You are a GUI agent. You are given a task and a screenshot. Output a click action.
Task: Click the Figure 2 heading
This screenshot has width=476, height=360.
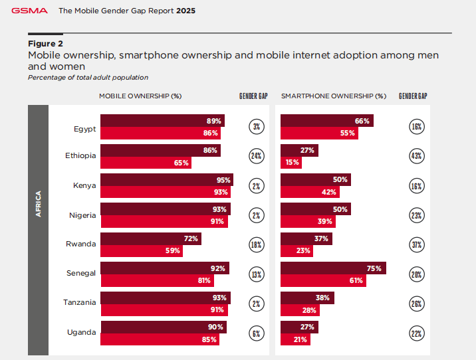coord(45,43)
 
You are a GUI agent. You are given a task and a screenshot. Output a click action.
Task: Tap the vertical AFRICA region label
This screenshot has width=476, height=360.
coord(38,204)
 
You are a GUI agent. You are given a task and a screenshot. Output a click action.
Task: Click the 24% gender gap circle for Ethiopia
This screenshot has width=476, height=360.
coord(256,157)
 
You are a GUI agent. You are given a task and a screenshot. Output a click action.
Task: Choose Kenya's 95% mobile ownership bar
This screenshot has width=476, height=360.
coord(166,180)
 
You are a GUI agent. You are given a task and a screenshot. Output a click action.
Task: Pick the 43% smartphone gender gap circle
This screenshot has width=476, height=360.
coord(416,157)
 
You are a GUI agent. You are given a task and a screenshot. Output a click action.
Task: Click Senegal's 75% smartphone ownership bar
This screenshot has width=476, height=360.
coord(333,268)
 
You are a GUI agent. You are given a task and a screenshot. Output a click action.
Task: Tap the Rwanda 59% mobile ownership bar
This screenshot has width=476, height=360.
coord(141,251)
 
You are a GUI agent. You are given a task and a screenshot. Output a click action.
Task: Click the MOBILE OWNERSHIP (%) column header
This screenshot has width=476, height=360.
coord(140,96)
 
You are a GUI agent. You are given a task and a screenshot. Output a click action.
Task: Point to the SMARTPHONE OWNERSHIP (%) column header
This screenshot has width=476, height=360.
coord(333,96)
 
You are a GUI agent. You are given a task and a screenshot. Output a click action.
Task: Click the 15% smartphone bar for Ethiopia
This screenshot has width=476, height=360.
coord(291,163)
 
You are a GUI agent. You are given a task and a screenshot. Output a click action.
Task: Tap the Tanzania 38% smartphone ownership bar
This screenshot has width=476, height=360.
coord(307,298)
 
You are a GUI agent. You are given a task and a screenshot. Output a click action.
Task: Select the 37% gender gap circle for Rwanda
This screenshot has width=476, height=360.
coord(416,244)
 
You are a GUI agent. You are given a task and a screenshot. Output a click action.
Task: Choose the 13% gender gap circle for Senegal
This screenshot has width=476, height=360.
coord(256,274)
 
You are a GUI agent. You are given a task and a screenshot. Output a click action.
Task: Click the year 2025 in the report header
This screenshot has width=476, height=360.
coord(185,11)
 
